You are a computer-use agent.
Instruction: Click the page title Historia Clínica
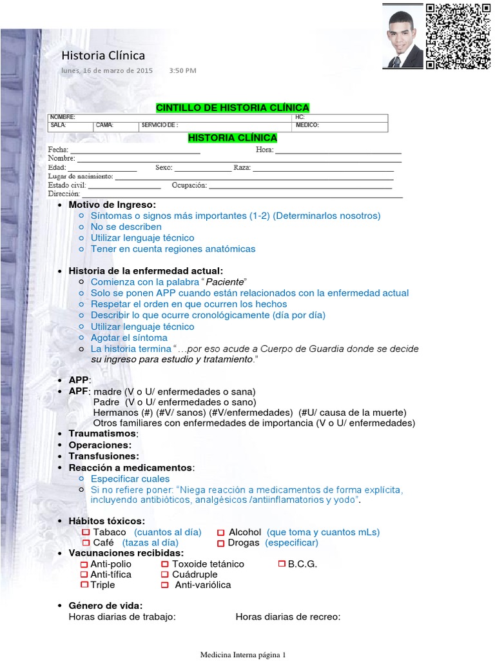[103, 56]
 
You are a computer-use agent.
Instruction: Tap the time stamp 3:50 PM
[182, 70]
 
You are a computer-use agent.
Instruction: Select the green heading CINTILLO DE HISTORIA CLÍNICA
[233, 107]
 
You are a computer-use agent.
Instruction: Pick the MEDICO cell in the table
[340, 126]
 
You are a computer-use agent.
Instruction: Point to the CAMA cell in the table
[116, 126]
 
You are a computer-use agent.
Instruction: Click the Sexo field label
[164, 168]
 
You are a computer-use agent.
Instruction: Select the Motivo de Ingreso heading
[112, 205]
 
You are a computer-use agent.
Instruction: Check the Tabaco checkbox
[85, 533]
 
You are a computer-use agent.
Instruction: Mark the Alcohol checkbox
[221, 533]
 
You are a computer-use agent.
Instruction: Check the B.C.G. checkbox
[282, 564]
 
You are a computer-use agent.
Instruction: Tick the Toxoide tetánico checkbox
[166, 564]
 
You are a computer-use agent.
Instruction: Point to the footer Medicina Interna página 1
[243, 654]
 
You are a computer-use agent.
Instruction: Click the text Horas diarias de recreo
[287, 616]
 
